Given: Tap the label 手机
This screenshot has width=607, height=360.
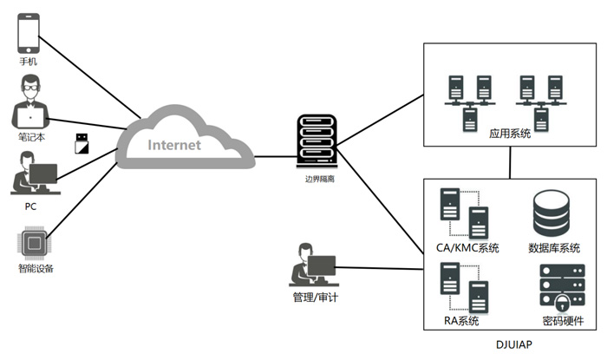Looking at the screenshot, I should coord(29,64).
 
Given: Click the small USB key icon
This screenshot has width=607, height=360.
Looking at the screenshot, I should coord(82,141).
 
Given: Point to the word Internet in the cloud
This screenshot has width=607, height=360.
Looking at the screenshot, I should coord(173,145).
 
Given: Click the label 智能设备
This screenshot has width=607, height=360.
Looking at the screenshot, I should coord(32,269).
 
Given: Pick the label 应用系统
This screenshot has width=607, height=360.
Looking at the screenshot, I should coord(510,134).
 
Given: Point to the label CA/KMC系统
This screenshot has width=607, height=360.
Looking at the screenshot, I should coord(468,249).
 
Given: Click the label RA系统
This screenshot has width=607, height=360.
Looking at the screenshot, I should coord(462,322).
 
